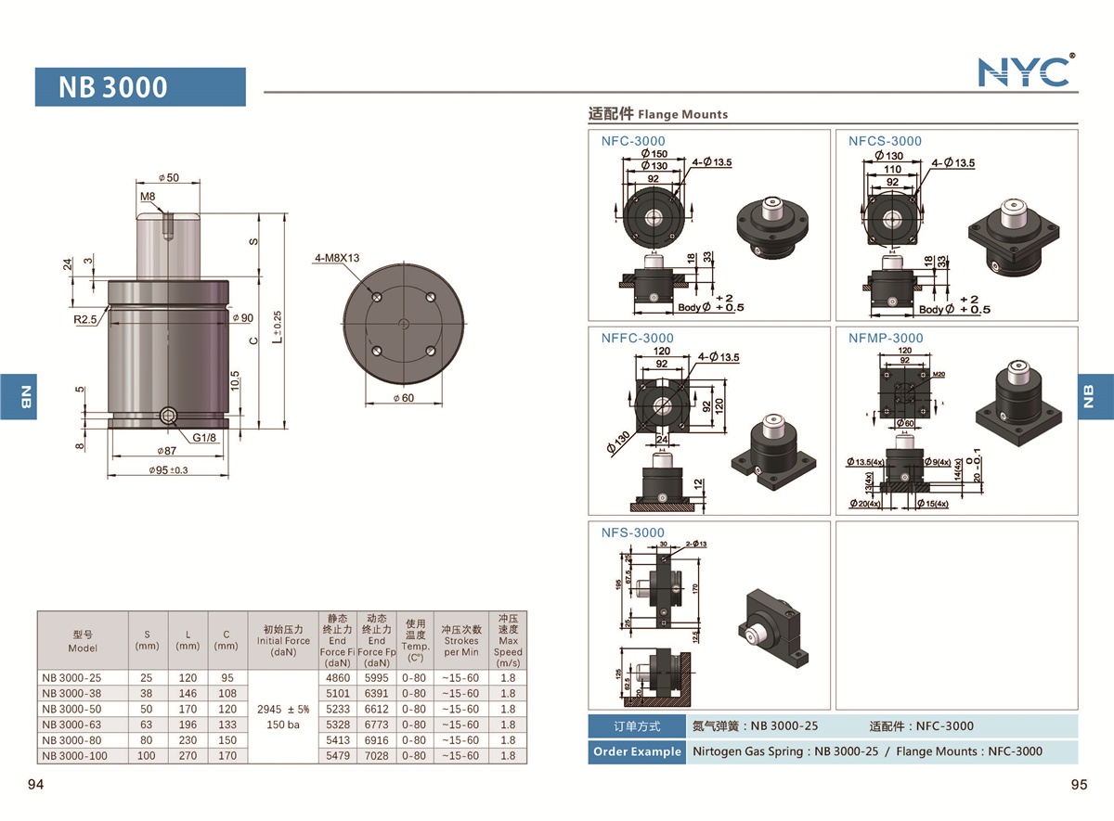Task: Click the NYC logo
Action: (x=1026, y=71)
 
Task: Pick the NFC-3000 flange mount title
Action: (x=633, y=141)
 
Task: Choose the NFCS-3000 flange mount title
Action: (x=885, y=141)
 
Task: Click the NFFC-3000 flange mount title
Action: (x=637, y=338)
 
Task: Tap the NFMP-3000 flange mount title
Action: (x=886, y=338)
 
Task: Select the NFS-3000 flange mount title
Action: (x=633, y=532)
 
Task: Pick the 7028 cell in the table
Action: (x=376, y=756)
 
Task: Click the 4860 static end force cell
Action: (x=338, y=677)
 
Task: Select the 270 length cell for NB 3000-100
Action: (x=188, y=756)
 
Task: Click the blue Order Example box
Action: (x=636, y=751)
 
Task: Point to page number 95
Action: (x=1078, y=785)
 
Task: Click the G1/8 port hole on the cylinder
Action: (x=168, y=416)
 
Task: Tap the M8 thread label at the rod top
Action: (x=148, y=198)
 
